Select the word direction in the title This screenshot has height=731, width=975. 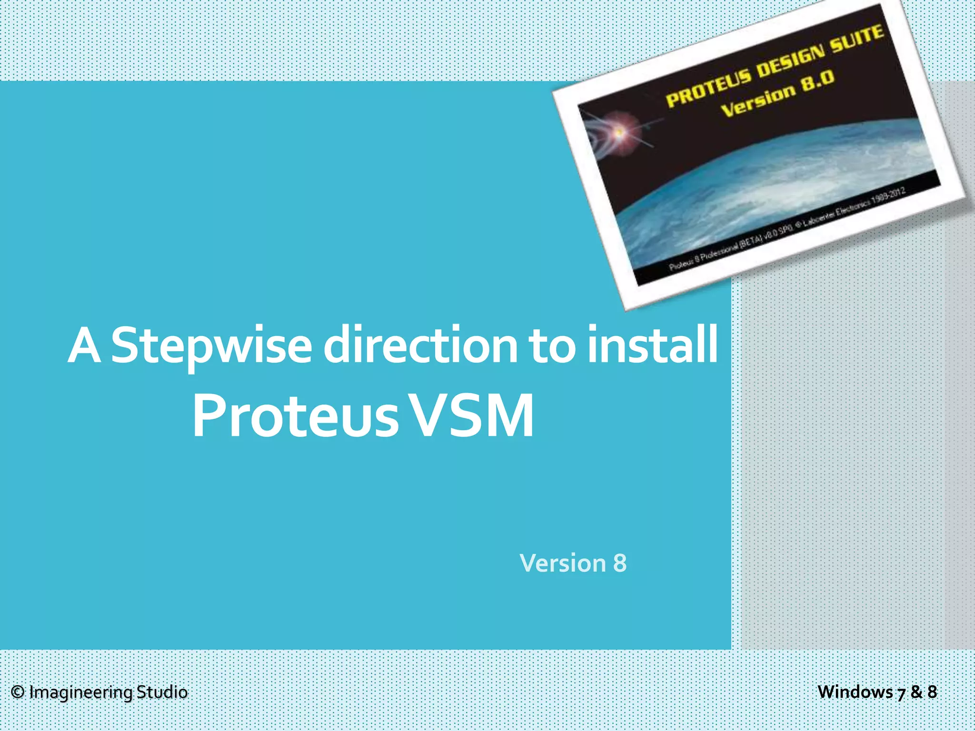point(420,345)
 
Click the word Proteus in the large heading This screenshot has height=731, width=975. point(295,416)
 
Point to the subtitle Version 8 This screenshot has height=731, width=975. point(573,563)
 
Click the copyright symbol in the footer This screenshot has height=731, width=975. point(18,692)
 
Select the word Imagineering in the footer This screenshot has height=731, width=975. point(80,693)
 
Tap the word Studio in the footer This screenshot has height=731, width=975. point(162,692)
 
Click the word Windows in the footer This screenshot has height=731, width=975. point(855,691)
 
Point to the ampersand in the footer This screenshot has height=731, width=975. point(917,691)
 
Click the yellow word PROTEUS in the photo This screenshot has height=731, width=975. point(708,88)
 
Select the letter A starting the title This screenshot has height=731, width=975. point(84,346)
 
